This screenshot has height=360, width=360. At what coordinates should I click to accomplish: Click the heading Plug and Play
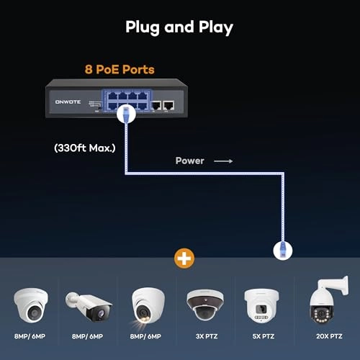179,27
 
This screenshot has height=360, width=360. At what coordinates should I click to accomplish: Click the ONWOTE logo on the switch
68,102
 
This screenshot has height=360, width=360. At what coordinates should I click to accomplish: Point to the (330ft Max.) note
85,148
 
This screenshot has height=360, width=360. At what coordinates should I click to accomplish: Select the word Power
190,161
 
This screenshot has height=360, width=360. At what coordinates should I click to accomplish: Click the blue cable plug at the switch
124,114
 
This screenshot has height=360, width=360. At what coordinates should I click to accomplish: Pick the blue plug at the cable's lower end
282,249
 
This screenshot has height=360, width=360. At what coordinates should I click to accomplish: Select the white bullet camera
89,306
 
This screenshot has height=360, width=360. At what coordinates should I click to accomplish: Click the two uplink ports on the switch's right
161,104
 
